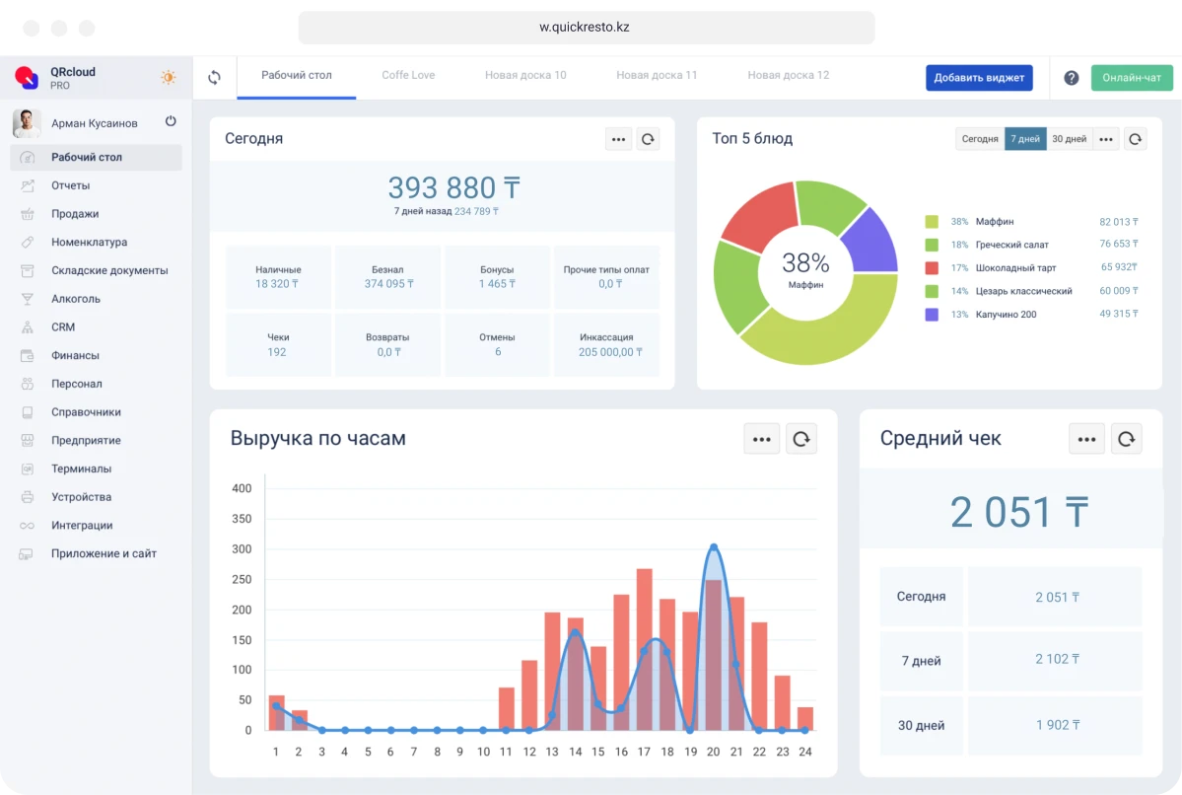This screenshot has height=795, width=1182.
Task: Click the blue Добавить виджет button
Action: (978, 78)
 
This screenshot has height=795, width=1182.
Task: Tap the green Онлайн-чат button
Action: (1132, 78)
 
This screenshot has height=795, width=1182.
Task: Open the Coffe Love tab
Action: (408, 75)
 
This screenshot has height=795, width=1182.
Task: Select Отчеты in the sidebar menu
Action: (71, 185)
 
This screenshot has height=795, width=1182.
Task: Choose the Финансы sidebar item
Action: (75, 355)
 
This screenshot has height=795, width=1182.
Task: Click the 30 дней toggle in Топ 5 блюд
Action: (1069, 139)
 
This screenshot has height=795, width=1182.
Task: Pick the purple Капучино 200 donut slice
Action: (869, 240)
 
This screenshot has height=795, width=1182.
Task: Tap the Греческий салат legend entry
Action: (1011, 245)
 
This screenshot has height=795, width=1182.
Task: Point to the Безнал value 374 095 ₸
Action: (388, 284)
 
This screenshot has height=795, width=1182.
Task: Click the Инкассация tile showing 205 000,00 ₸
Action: (606, 344)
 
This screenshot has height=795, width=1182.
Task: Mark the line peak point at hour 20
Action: (714, 547)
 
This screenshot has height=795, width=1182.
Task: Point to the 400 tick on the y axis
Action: (242, 488)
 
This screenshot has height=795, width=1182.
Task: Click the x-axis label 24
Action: (804, 752)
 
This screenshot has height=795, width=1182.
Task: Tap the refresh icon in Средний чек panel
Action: (1126, 439)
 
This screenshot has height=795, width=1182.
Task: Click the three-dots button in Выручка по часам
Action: (761, 439)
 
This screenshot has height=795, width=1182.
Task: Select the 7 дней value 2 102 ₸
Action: (1057, 659)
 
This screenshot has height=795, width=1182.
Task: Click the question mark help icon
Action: (1071, 78)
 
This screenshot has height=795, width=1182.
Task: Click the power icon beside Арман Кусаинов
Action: (171, 121)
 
